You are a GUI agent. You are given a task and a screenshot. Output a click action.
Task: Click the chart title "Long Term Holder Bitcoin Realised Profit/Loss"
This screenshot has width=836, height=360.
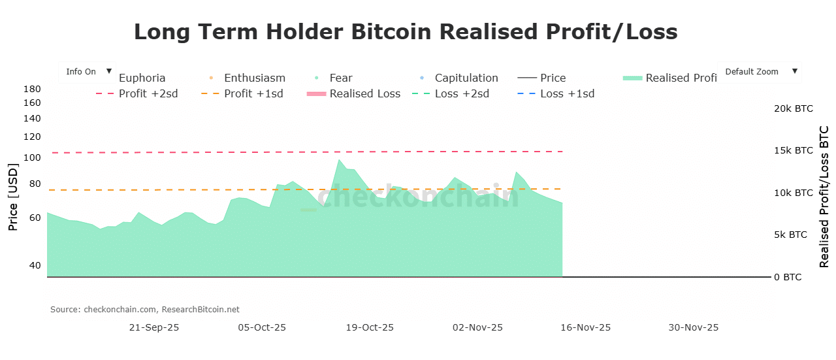coord(406,31)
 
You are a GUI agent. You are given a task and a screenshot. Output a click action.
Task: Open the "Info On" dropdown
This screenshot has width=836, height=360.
coord(87,72)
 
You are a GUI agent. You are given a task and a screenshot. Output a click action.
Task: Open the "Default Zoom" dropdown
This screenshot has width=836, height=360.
coord(759,72)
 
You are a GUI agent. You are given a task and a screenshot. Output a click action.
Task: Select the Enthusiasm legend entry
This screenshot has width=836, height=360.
coord(254,78)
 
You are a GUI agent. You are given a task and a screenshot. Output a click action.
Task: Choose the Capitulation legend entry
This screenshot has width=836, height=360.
coord(466,78)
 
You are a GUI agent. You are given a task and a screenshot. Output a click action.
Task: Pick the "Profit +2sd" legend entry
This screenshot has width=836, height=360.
coord(148,93)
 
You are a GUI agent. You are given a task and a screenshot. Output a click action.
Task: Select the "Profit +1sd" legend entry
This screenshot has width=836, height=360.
coord(253,93)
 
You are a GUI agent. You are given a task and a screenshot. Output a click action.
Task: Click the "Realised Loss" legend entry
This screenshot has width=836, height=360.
coord(364,93)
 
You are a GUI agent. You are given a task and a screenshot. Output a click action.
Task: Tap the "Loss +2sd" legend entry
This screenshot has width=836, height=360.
coord(461,93)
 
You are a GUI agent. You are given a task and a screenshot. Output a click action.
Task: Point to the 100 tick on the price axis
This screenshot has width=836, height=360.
coord(32,157)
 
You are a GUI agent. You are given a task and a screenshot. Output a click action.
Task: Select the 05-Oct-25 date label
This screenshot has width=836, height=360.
coord(262,327)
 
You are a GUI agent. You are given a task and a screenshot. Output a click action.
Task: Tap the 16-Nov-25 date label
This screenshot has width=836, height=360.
coord(586,327)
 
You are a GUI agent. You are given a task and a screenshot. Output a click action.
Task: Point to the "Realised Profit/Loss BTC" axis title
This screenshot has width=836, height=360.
coord(824,197)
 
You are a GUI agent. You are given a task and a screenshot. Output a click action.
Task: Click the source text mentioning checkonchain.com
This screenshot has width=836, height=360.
coord(145,309)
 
